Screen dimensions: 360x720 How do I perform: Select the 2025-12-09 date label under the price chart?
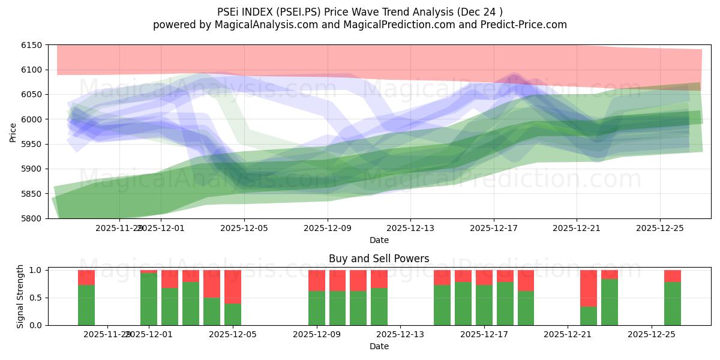coord(327,228)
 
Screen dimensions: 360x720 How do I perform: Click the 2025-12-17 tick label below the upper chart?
coord(493,228)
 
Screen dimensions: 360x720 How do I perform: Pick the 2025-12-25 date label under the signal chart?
coord(651,335)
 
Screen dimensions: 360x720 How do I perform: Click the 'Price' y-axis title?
coord(13,132)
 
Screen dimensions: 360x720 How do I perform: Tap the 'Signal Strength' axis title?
coord(20,296)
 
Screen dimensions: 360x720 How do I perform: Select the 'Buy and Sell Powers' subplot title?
coord(379,259)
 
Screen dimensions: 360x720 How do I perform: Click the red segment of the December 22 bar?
coord(588,288)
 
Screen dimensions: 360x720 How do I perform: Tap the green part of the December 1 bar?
coord(149,299)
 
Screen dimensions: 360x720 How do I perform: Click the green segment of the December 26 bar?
coord(672,304)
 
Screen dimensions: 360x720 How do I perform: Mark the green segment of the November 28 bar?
coord(86,305)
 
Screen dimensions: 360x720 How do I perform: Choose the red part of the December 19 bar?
coord(526,280)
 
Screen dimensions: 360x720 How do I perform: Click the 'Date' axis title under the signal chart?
coord(379,346)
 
